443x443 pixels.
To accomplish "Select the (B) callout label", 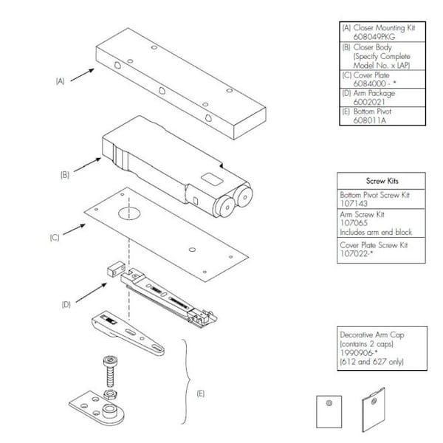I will point(64,175).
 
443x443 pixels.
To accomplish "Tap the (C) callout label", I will point(55,238).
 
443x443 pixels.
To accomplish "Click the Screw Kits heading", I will point(380,181).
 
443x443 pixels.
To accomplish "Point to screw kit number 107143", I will point(352,203).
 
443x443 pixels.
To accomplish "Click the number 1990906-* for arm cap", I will point(357,354).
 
